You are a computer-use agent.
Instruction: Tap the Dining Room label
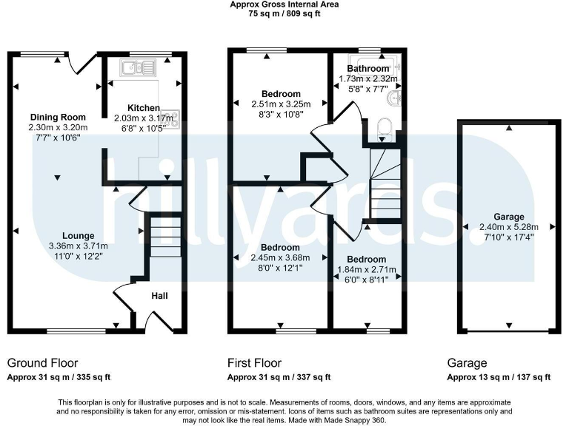coord(58,117)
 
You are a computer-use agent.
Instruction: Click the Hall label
coord(159,296)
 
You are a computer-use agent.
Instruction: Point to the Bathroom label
coord(368,69)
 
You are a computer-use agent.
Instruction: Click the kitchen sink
coord(138,69)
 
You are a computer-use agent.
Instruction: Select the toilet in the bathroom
coord(384,127)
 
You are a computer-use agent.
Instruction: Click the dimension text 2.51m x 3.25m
coord(281,104)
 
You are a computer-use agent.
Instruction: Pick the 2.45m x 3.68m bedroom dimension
coord(281,257)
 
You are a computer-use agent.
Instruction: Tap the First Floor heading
coord(256,363)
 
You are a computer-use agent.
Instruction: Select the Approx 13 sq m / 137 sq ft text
coord(498,377)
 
